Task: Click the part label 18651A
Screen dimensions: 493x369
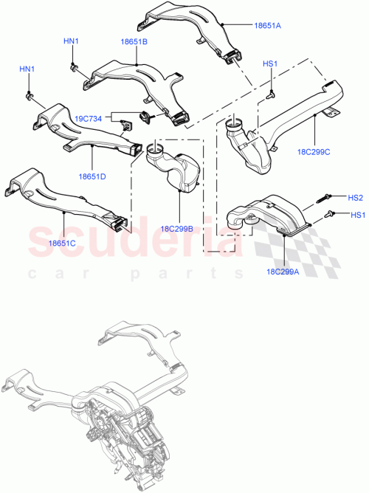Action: pyautogui.click(x=268, y=26)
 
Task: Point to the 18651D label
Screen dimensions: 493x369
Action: pyautogui.click(x=92, y=176)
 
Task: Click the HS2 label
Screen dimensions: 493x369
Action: pyautogui.click(x=356, y=198)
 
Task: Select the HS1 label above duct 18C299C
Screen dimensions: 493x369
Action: pyautogui.click(x=271, y=65)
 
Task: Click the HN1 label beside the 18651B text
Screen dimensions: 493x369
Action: pyautogui.click(x=71, y=41)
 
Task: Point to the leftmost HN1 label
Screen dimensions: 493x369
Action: pyautogui.click(x=27, y=69)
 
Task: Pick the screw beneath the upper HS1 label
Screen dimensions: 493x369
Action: pyautogui.click(x=271, y=94)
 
